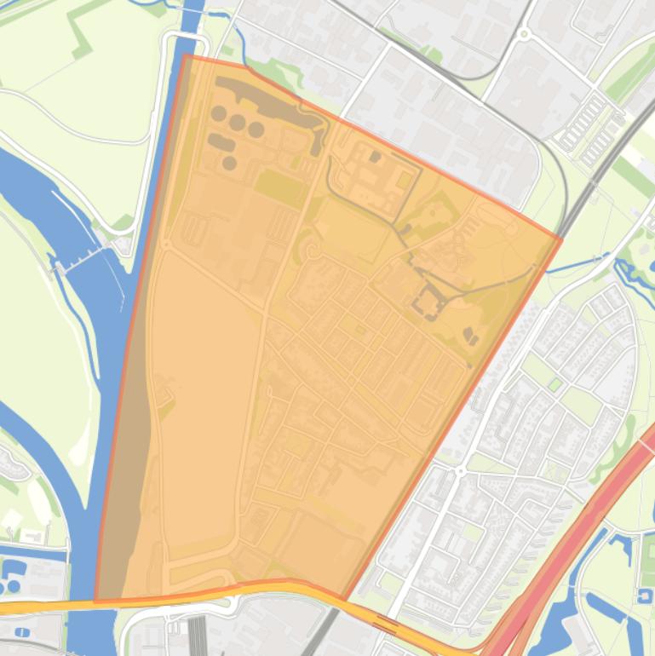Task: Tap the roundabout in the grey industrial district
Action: coord(524,35)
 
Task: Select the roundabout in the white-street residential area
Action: coord(460,471)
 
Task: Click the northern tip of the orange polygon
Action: coord(186,56)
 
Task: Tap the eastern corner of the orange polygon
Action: coord(560,238)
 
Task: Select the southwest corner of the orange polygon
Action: coord(95,601)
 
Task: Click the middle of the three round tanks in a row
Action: coord(237,122)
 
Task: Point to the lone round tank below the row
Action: coord(229,162)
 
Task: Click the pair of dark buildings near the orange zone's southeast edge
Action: coord(471,336)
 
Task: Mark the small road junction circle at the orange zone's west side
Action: coord(167,245)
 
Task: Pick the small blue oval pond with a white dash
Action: coord(20,633)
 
